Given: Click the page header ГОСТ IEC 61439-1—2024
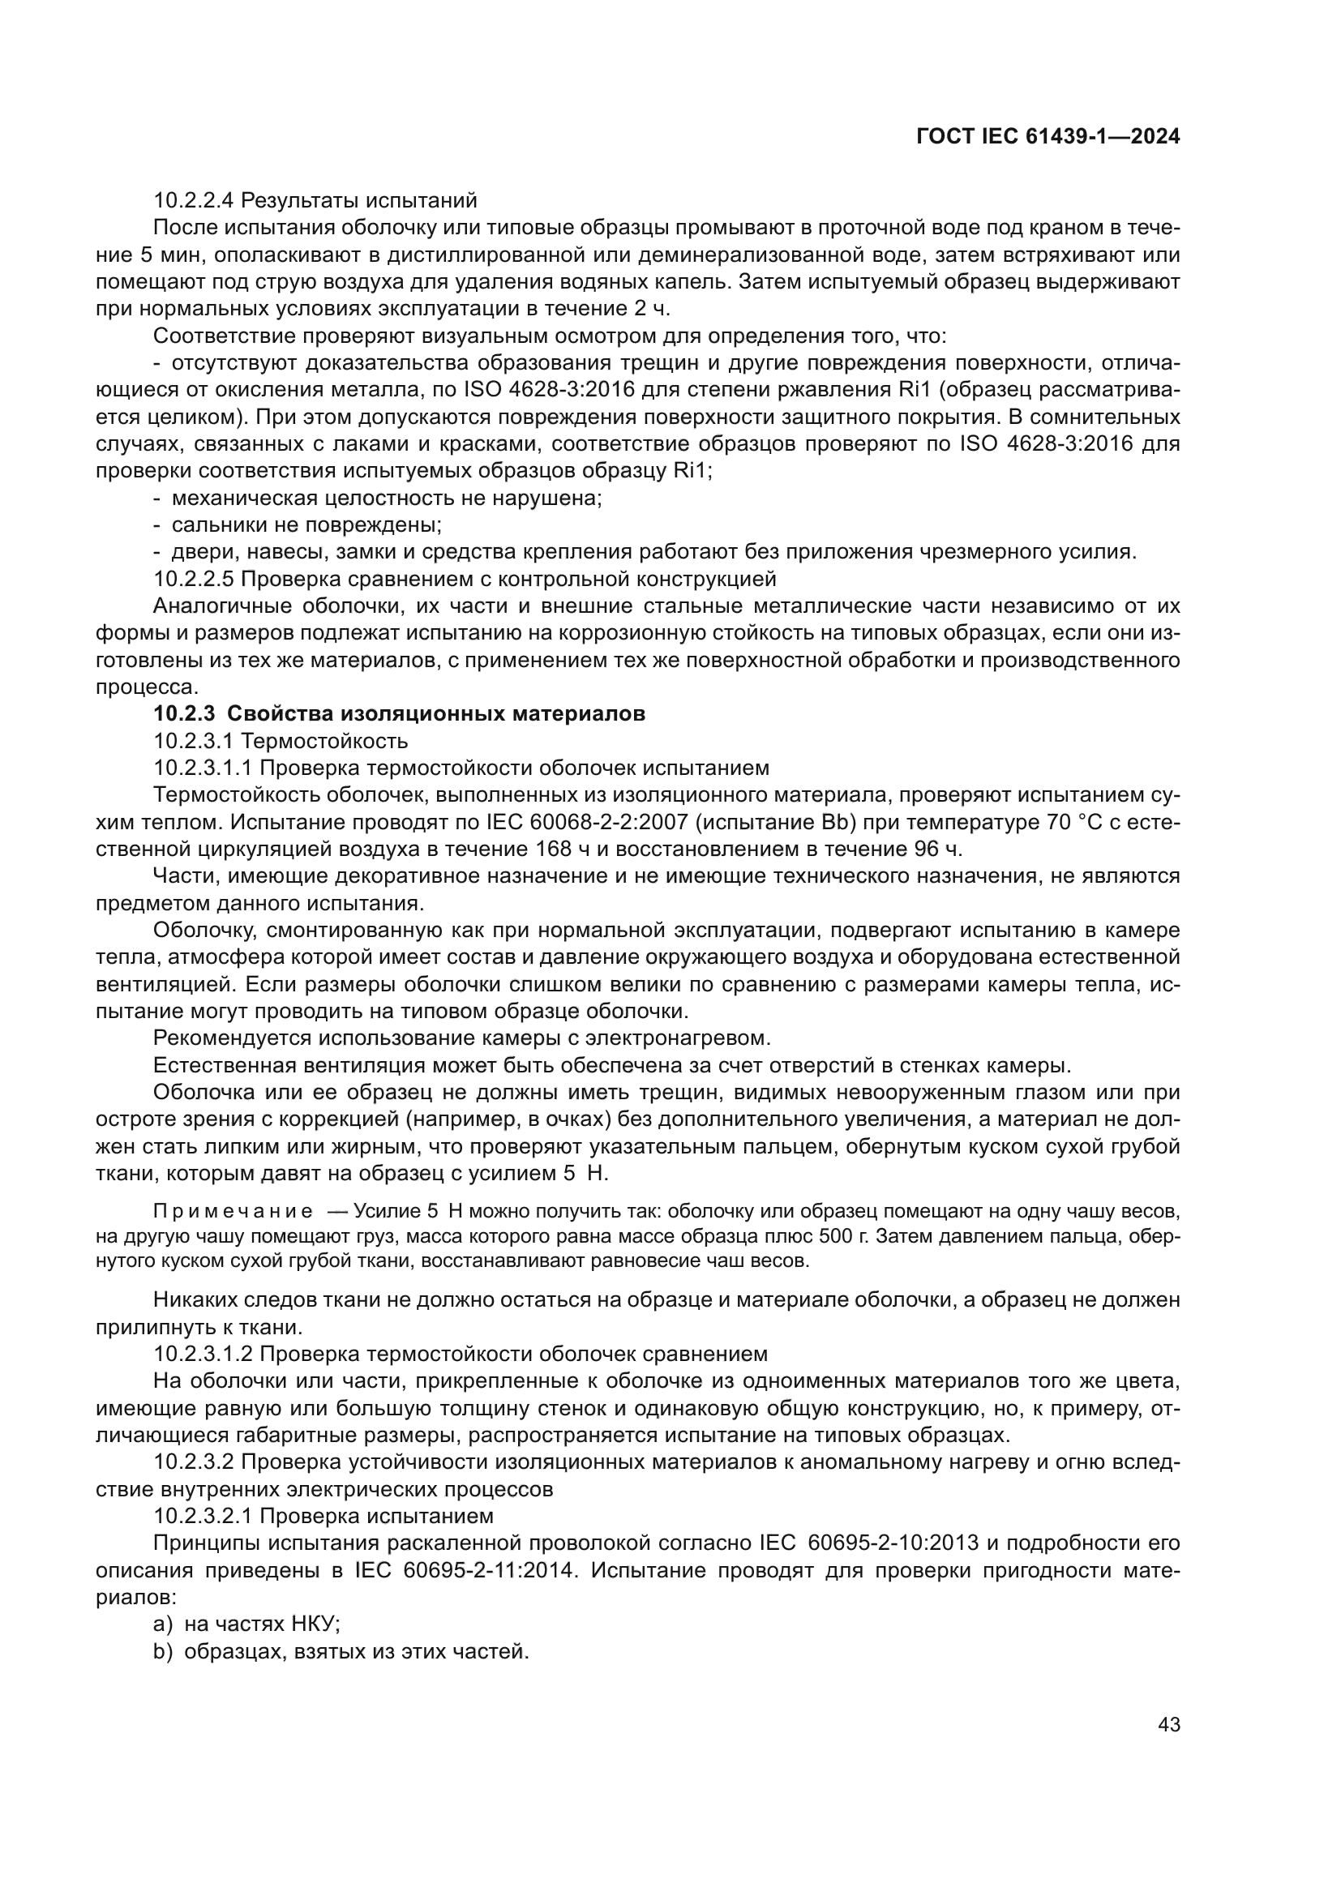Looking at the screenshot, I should tap(1048, 137).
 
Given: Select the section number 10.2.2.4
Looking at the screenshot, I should tap(194, 201).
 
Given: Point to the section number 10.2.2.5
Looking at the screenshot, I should tap(194, 578).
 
